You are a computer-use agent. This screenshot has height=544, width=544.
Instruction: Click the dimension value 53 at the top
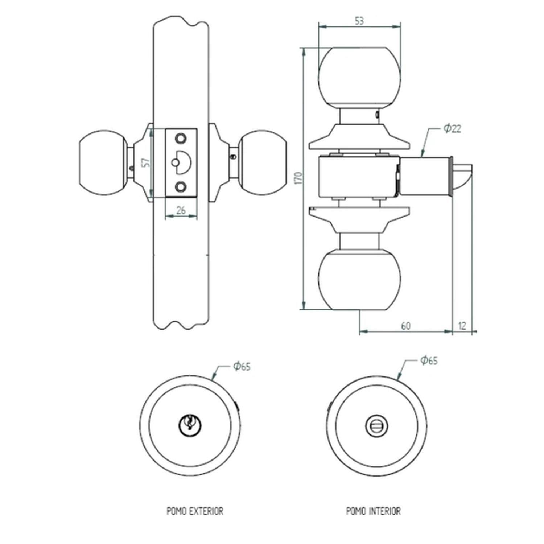(x=359, y=21)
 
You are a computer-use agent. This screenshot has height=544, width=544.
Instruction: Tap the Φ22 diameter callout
(x=452, y=128)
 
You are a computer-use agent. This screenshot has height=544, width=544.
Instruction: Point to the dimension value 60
(x=406, y=326)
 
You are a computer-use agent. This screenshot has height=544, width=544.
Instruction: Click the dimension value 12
(x=462, y=326)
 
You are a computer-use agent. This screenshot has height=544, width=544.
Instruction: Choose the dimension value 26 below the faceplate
(x=181, y=210)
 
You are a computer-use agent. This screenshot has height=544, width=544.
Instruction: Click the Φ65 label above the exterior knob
(x=242, y=366)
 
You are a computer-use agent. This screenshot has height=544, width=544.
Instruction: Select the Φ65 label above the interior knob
(x=429, y=360)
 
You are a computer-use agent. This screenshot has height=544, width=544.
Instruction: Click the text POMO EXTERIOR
(x=195, y=511)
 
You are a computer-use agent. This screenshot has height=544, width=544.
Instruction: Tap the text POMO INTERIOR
(x=373, y=511)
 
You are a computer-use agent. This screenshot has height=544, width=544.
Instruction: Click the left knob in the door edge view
(x=103, y=162)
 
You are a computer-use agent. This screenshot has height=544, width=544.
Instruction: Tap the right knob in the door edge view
(x=262, y=162)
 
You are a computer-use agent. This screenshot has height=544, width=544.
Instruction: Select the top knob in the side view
(x=359, y=77)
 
